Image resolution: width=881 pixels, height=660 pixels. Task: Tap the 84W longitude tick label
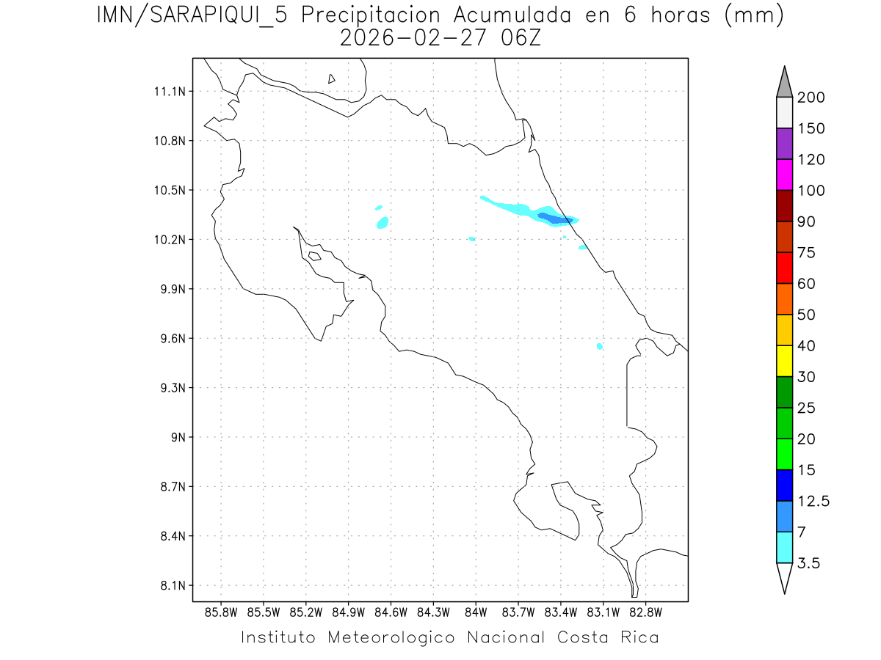(x=476, y=612)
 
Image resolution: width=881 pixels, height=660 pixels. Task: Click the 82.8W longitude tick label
(x=645, y=612)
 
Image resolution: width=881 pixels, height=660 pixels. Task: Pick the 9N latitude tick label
(x=176, y=437)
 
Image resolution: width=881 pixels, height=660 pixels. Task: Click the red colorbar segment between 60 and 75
(x=784, y=268)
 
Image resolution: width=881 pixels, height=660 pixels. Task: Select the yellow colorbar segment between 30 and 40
(x=784, y=361)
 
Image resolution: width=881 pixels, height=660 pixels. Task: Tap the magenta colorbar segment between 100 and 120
(x=784, y=175)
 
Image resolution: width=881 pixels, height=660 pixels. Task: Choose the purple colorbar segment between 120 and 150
(x=784, y=144)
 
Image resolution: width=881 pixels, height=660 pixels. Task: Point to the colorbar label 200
(x=811, y=98)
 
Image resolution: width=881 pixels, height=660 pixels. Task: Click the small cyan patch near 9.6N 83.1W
(x=600, y=346)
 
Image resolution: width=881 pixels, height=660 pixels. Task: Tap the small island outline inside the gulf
(x=314, y=256)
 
